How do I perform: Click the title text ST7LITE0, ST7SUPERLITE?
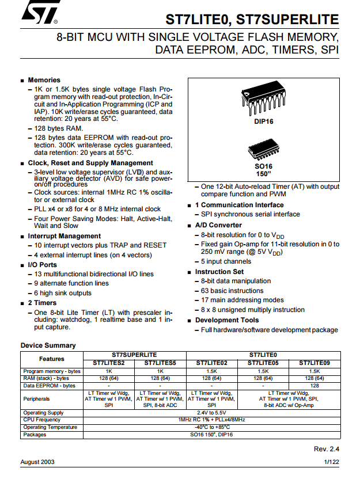[252, 20]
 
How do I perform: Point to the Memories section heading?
[44, 80]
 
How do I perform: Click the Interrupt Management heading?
[64, 236]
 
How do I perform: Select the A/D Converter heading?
[218, 225]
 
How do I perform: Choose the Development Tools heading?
[227, 320]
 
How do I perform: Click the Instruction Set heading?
[219, 272]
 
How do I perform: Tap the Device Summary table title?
[48, 345]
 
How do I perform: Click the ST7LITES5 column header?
[161, 363]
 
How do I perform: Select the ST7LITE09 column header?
[314, 363]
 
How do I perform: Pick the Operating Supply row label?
[43, 413]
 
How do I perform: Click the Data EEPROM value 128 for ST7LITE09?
[314, 386]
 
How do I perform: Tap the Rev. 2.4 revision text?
[326, 448]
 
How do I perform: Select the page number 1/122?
[331, 462]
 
